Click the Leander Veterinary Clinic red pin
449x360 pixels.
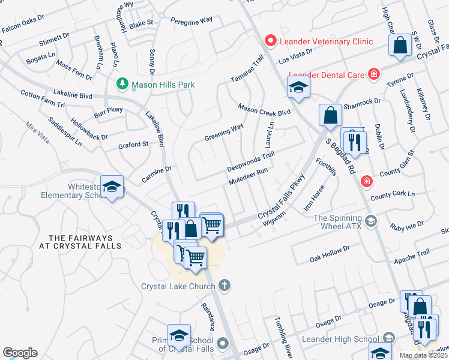(x=271, y=41)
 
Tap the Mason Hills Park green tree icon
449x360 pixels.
(x=123, y=85)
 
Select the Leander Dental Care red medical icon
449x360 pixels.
(x=374, y=74)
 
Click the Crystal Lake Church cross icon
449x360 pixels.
(x=224, y=286)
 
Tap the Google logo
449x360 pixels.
(x=20, y=353)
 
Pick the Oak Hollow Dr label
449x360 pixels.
(x=330, y=251)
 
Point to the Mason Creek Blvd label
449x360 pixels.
(x=264, y=109)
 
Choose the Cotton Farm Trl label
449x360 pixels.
(x=42, y=99)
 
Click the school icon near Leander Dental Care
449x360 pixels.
(x=298, y=88)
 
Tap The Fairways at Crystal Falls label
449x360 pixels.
(x=85, y=242)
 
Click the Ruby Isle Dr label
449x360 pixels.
(x=407, y=227)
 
